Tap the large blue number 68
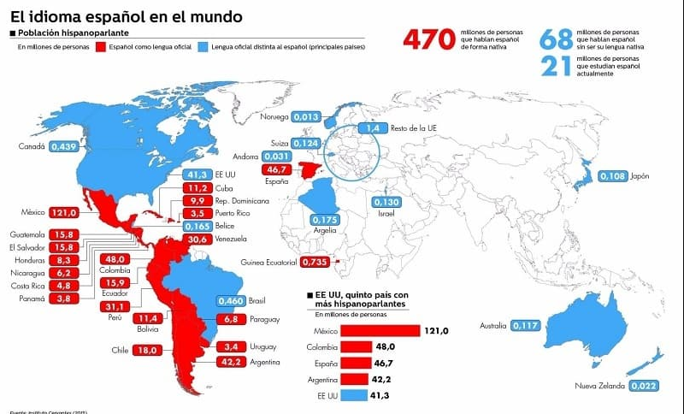pos(555,40)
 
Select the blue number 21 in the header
pos(555,66)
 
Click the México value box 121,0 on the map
pos(64,212)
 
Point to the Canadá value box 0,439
pos(64,147)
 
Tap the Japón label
pos(640,176)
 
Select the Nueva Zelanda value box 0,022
pos(644,386)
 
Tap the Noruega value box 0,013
pos(305,116)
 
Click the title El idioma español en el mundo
pos(126,15)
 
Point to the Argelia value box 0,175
pos(326,220)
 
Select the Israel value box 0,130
pos(386,202)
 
